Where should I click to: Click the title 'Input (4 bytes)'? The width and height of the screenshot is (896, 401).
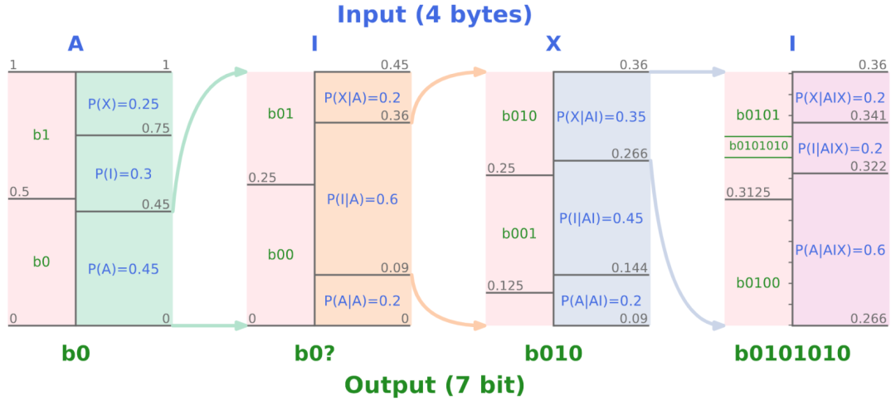(434, 14)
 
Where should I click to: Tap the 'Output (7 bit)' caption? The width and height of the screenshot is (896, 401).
(434, 385)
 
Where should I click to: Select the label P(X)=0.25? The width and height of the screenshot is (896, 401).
(124, 105)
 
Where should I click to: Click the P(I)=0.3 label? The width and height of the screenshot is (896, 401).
(124, 174)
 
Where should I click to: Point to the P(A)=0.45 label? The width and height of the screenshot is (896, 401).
(124, 269)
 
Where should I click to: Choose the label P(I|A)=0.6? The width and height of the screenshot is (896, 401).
(363, 199)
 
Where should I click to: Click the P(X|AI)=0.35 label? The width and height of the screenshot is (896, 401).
(601, 117)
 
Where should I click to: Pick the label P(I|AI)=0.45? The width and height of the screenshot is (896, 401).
(601, 218)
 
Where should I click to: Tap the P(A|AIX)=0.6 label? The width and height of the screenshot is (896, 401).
(840, 250)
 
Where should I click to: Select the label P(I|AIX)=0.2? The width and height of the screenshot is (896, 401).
(840, 148)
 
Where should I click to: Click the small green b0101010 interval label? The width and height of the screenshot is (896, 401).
(758, 146)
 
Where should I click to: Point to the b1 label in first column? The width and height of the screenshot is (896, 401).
(41, 134)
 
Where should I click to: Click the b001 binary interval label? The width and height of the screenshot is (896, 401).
(519, 233)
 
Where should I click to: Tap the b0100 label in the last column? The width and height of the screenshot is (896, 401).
(758, 283)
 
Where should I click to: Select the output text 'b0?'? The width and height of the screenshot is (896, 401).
(314, 354)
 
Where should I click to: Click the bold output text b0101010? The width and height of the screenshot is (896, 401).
(793, 354)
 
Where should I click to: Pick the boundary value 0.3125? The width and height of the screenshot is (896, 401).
(748, 193)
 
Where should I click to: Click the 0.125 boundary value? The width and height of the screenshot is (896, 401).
(506, 286)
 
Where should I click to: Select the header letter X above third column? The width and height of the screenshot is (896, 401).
(553, 44)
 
